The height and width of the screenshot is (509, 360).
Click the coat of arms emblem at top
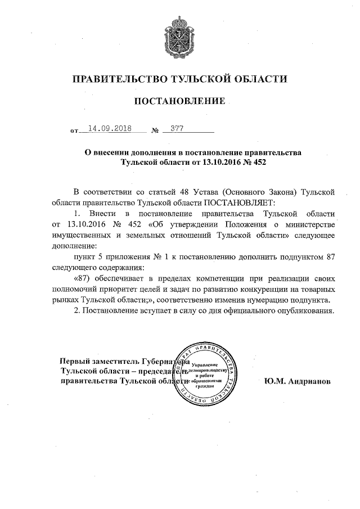[x=180, y=34]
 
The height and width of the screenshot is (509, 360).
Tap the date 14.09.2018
[x=106, y=128]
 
